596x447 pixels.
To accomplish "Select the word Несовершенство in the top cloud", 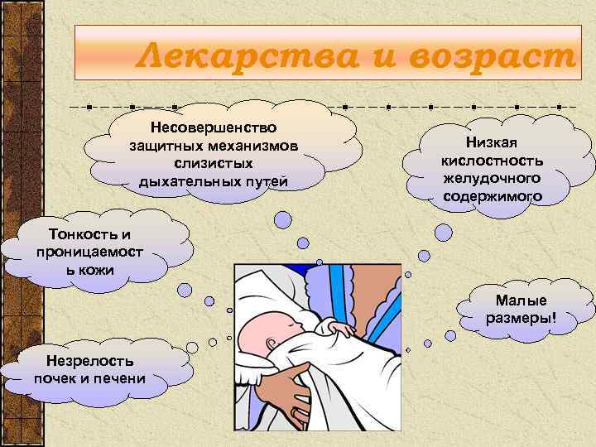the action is click(214, 128).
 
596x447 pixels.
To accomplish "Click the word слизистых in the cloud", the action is click(214, 164).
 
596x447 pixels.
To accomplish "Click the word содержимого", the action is click(493, 196).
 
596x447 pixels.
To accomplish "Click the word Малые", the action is click(521, 300).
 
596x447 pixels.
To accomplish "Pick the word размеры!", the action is click(521, 318).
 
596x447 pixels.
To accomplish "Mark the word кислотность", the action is click(493, 161).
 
